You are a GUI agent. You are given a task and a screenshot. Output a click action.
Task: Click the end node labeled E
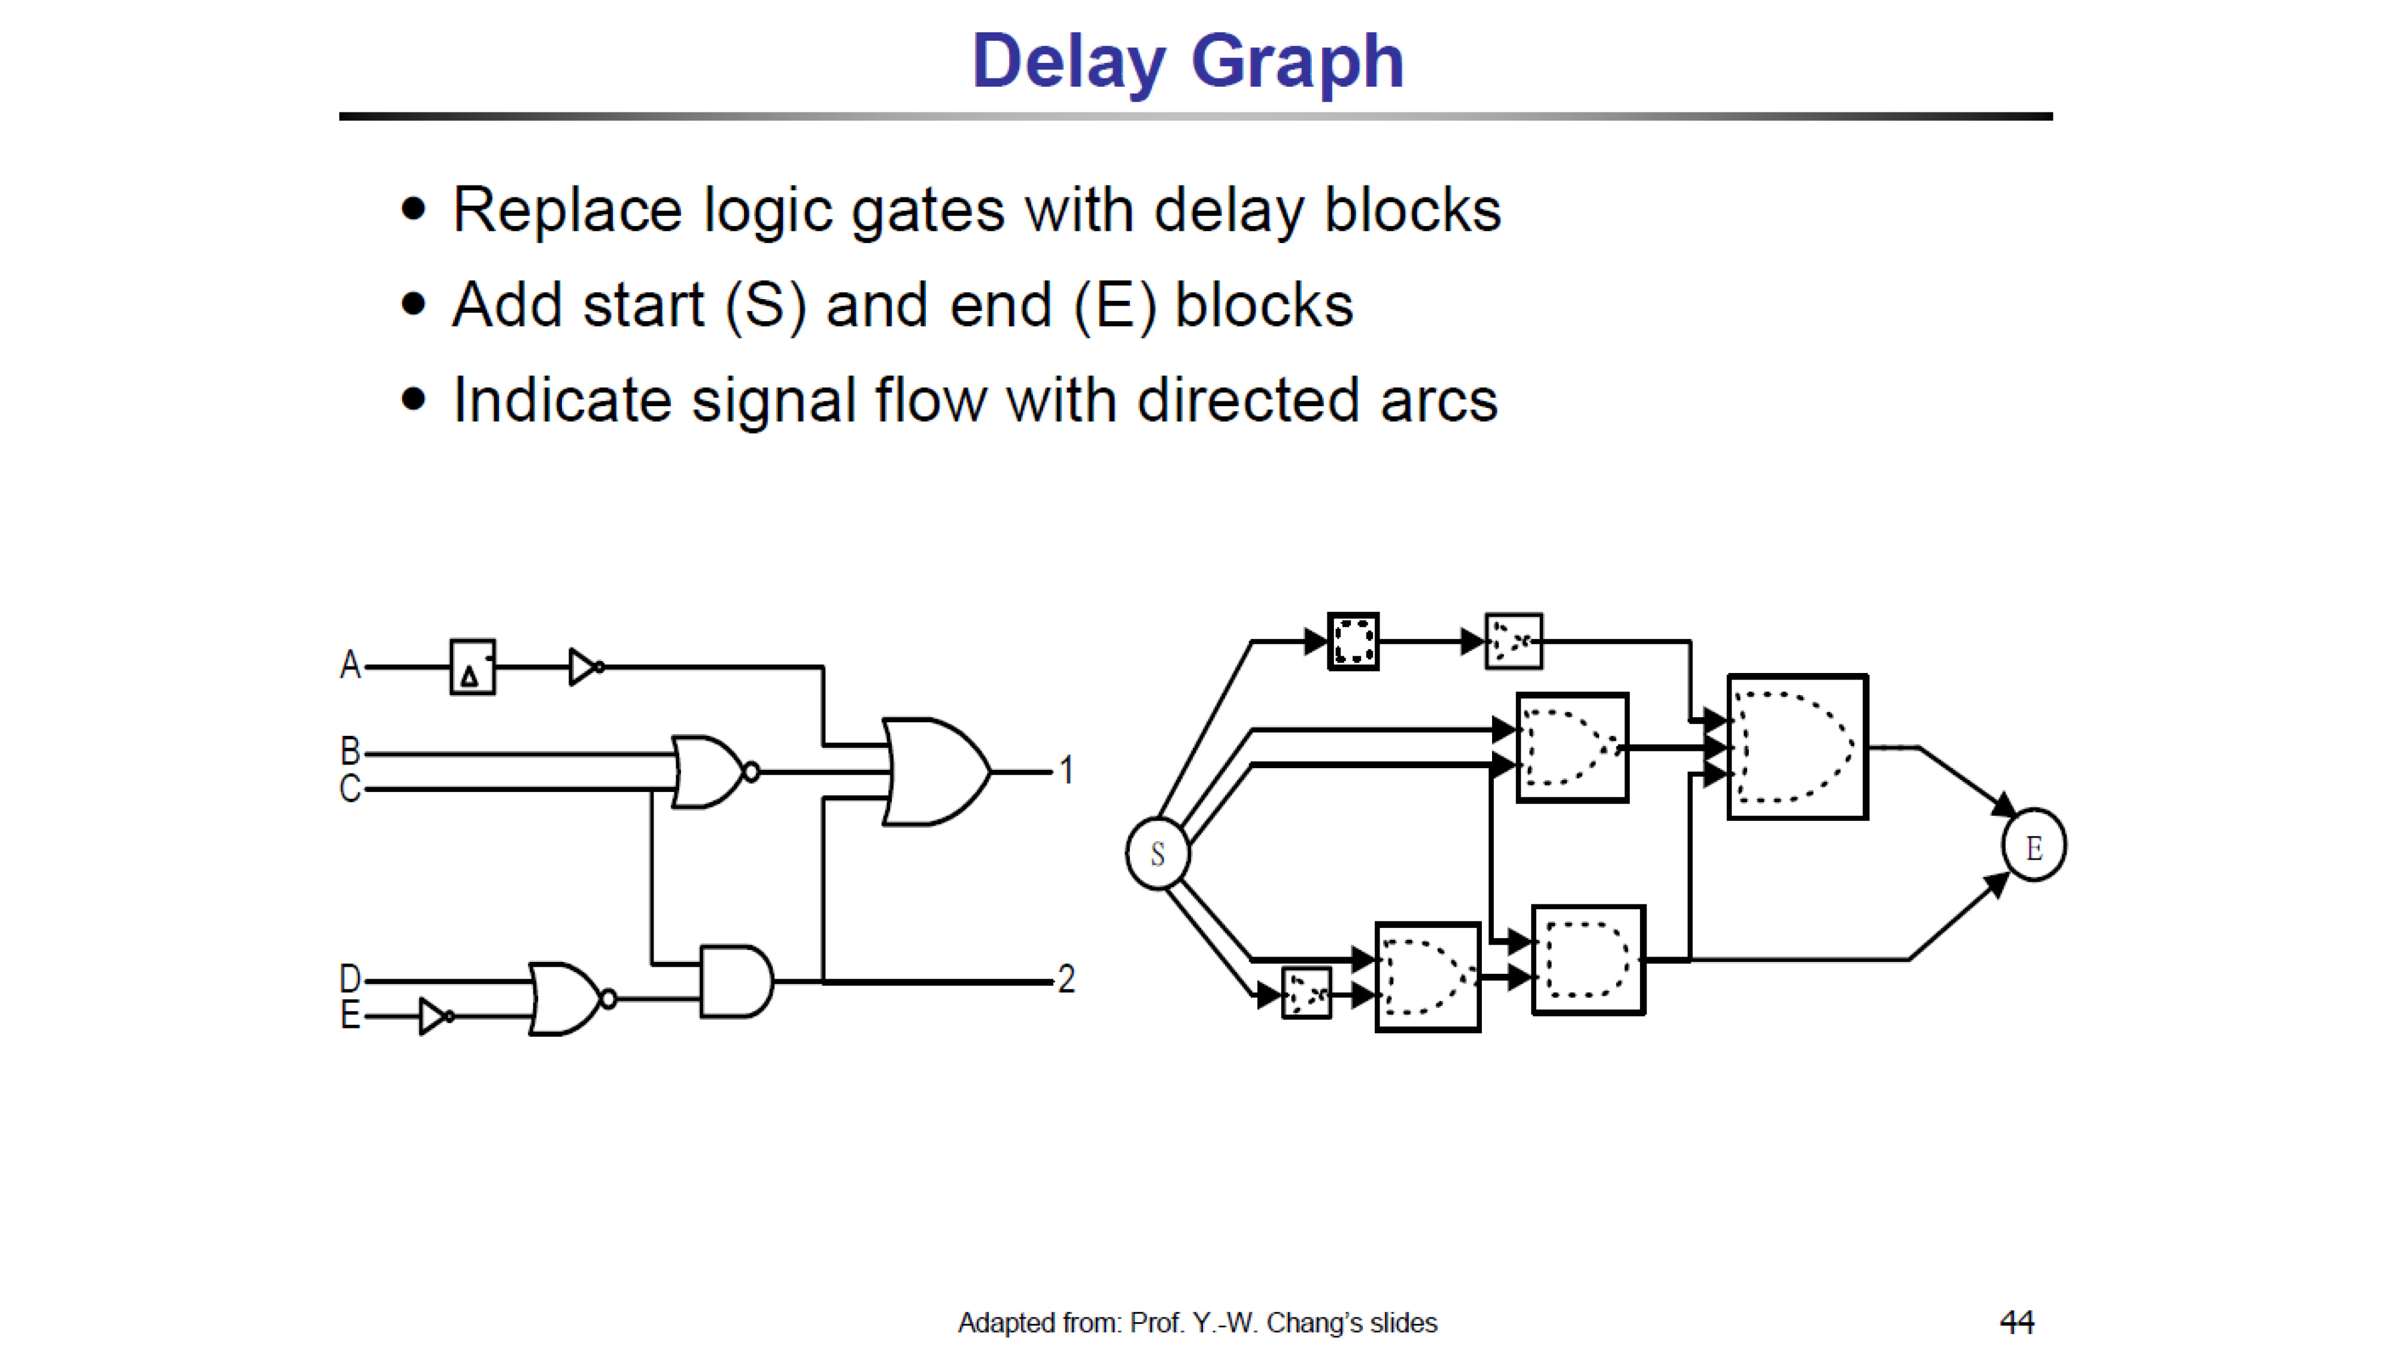pyautogui.click(x=2034, y=845)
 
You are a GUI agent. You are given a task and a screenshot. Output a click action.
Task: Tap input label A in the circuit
pyautogui.click(x=350, y=665)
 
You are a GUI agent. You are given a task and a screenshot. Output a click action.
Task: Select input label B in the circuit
pyautogui.click(x=350, y=751)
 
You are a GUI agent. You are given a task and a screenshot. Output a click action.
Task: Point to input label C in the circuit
pyautogui.click(x=350, y=788)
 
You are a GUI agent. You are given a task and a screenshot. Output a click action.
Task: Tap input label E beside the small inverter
pyautogui.click(x=350, y=1015)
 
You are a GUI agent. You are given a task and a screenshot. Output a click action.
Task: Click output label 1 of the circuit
pyautogui.click(x=1067, y=770)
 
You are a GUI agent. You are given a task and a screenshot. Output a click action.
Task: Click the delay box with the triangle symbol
pyautogui.click(x=472, y=667)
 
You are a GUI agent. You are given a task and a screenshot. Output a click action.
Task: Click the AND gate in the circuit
pyautogui.click(x=737, y=982)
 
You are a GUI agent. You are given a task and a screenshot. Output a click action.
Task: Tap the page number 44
pyautogui.click(x=2017, y=1321)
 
